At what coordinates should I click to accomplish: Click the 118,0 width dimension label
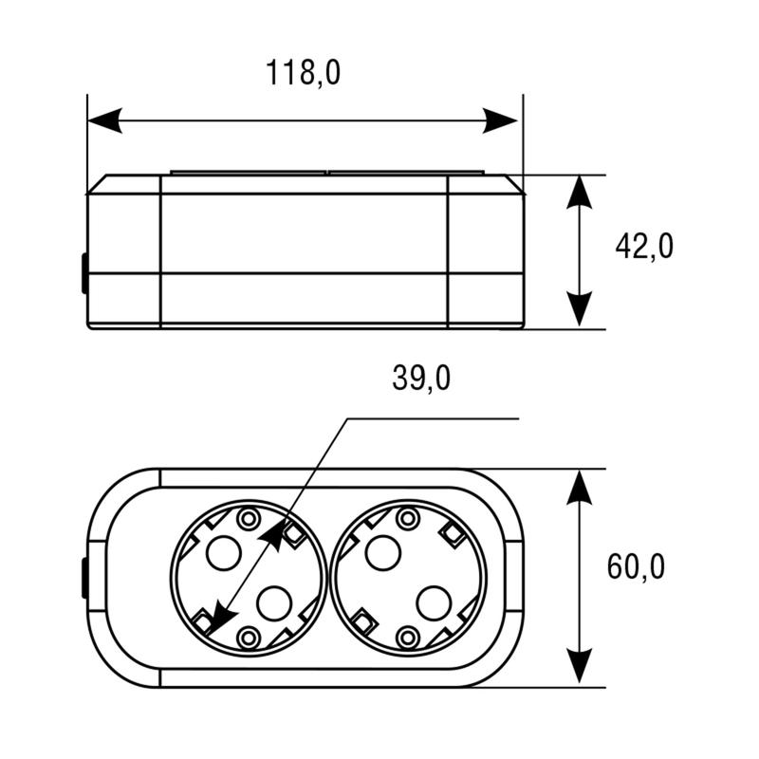click(303, 73)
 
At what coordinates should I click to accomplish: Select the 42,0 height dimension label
click(644, 246)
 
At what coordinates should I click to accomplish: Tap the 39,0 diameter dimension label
click(421, 378)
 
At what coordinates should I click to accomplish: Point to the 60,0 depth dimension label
click(636, 566)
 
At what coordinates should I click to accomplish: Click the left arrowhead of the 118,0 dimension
click(104, 120)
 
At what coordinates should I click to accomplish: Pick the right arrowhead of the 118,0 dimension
click(501, 120)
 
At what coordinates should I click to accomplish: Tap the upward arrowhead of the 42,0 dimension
click(580, 192)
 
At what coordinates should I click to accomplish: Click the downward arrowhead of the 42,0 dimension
click(580, 310)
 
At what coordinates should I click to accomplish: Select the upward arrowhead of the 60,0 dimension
click(580, 487)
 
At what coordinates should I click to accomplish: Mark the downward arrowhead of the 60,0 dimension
click(580, 666)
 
